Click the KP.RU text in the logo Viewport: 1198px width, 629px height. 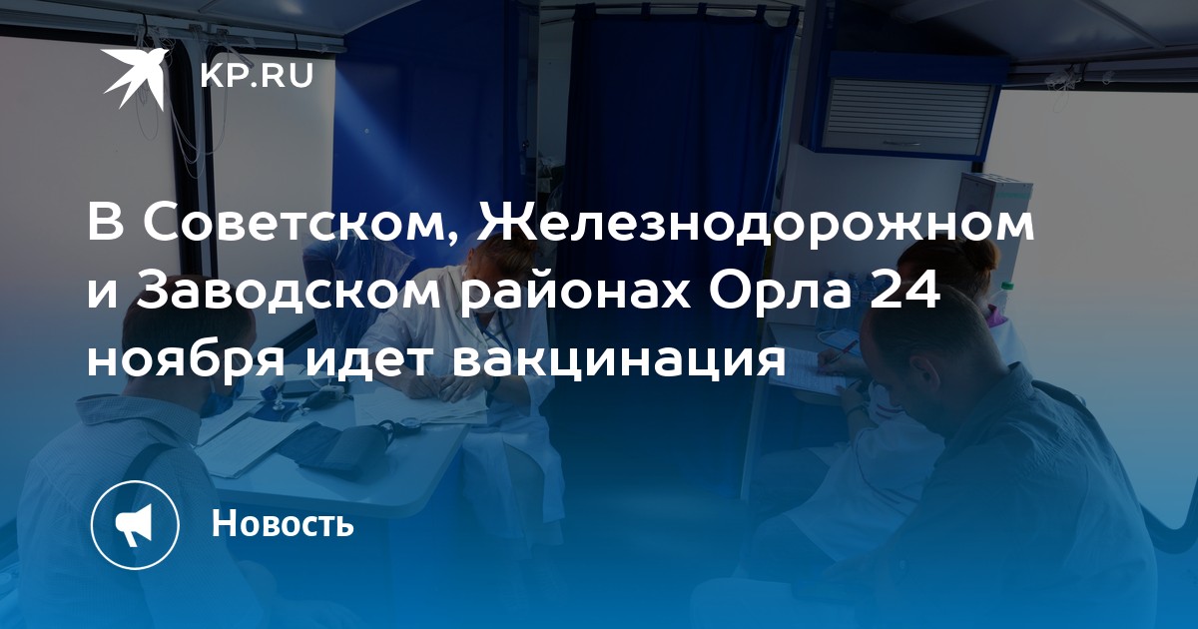[257, 76]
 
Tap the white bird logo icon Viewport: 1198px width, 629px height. [136, 78]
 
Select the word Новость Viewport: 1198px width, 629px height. [283, 523]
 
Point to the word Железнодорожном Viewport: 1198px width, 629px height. [756, 226]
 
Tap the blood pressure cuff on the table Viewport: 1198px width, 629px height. [342, 446]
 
